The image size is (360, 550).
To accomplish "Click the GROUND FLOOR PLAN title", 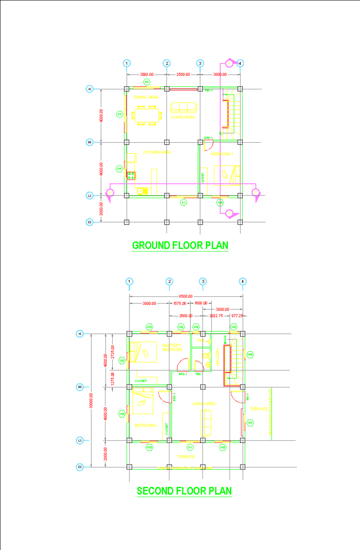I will point(180,245).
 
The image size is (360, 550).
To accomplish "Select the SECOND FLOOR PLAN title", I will point(184,491).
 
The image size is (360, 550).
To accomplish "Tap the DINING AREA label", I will point(146,97).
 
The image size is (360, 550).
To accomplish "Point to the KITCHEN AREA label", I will point(157,152).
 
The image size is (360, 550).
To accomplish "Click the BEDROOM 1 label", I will point(222,154).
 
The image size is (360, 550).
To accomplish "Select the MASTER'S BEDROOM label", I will point(172,348).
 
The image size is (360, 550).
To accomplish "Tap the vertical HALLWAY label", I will point(217,357).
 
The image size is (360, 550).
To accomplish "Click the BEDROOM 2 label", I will point(145,426).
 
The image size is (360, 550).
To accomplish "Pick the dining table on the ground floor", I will point(147,115).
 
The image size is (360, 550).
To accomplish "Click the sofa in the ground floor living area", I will point(184,107).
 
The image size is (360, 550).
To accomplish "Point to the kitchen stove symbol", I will point(131,176).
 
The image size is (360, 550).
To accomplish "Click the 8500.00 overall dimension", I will point(186,296).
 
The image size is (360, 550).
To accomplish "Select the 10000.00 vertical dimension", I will point(91,400).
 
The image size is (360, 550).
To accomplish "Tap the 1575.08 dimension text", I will point(179,303).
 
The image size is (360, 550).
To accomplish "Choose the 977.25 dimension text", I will point(237,316).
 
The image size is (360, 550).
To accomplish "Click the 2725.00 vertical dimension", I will point(112,352).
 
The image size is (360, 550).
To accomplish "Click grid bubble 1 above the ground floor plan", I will point(127,63).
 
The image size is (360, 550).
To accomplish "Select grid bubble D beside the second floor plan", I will point(80,467).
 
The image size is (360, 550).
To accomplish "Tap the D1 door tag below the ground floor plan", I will point(184,203).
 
